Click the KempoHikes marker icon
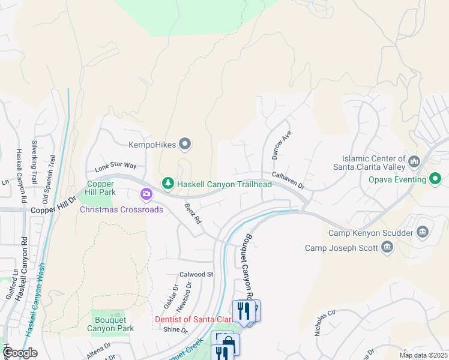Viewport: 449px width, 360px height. (185, 144)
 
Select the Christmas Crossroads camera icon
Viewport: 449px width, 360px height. (146, 194)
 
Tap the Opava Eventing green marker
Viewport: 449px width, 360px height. (435, 179)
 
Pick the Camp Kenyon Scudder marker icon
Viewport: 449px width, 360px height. (422, 232)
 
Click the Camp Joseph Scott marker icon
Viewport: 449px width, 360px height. (387, 247)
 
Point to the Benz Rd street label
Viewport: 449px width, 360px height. (193, 213)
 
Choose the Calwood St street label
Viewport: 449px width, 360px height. (196, 274)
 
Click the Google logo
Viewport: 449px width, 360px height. (20, 353)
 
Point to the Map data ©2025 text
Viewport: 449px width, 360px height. (423, 355)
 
